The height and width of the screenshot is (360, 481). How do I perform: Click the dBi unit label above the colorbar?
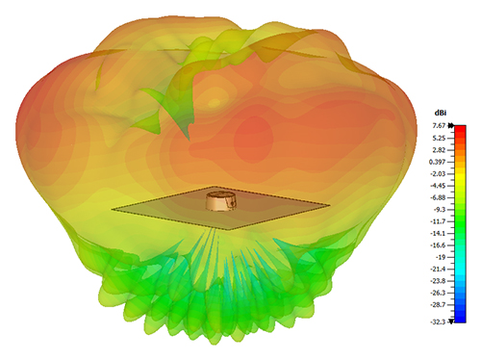[440, 113]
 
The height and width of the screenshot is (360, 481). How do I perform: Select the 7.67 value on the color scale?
[439, 126]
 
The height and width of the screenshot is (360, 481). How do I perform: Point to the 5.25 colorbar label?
[440, 138]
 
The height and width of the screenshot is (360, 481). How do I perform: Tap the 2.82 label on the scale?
[440, 150]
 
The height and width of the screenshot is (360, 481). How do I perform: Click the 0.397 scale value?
[438, 162]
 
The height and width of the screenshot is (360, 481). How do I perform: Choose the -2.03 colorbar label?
[439, 174]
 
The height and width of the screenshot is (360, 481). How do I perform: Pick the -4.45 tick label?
[439, 186]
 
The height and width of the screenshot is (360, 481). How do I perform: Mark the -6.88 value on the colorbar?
[439, 197]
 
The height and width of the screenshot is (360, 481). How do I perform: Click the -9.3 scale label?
[440, 210]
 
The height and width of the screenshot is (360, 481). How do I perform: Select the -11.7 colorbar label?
[439, 221]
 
